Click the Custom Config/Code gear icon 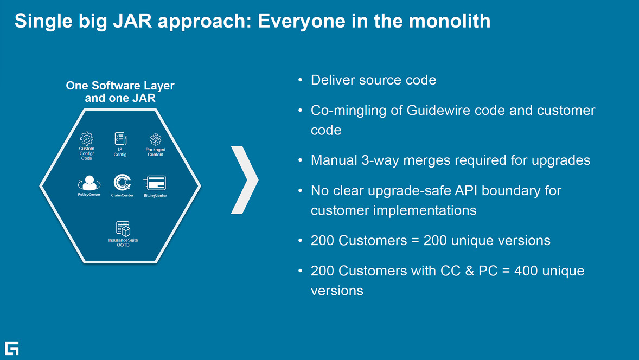(x=86, y=138)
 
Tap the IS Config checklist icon (x=120, y=138)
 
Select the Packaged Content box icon (x=155, y=139)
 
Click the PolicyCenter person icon (x=89, y=183)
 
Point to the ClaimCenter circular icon (x=122, y=183)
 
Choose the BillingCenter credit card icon (x=155, y=183)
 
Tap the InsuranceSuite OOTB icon (x=123, y=229)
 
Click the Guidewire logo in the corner (x=12, y=348)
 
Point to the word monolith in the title (x=450, y=21)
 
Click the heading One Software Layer (x=120, y=86)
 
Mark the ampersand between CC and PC (x=469, y=271)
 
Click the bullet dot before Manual (x=301, y=160)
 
